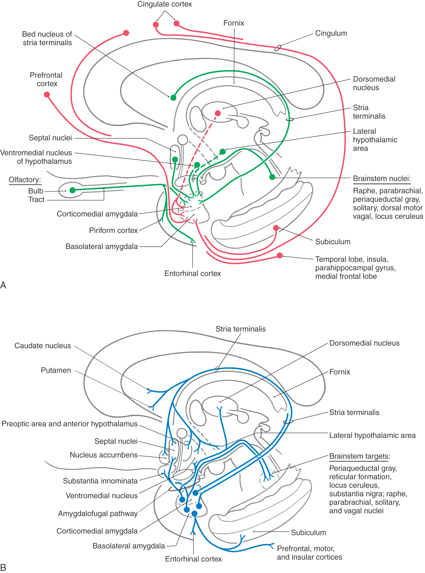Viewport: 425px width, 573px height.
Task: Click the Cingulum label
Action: coord(331,34)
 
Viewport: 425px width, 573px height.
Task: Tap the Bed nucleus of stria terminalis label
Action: coord(47,38)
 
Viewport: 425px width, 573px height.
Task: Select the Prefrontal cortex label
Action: coord(46,79)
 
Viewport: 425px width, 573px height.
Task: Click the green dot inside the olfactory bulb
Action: coord(73,190)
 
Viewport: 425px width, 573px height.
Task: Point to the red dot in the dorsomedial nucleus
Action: coord(218,113)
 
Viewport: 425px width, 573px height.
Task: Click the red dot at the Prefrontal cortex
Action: coord(47,95)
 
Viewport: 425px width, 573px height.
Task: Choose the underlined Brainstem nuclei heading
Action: coord(381,178)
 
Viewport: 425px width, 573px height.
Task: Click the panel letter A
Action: coord(3,285)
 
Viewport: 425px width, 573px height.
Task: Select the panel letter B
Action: coord(3,567)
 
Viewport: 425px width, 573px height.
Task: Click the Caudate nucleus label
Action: coord(43,346)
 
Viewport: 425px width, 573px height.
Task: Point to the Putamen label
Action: coord(56,370)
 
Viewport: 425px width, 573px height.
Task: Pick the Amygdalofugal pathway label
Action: coord(98,513)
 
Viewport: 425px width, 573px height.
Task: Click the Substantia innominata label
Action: coord(100,481)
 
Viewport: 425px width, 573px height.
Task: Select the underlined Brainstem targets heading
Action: coord(359,456)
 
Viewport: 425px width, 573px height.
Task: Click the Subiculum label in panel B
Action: coord(308,532)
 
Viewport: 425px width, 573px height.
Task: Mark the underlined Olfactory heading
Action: coord(25,180)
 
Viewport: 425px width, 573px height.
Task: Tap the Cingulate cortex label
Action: coord(164,4)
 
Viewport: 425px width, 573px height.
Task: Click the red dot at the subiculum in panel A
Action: coord(276,228)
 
